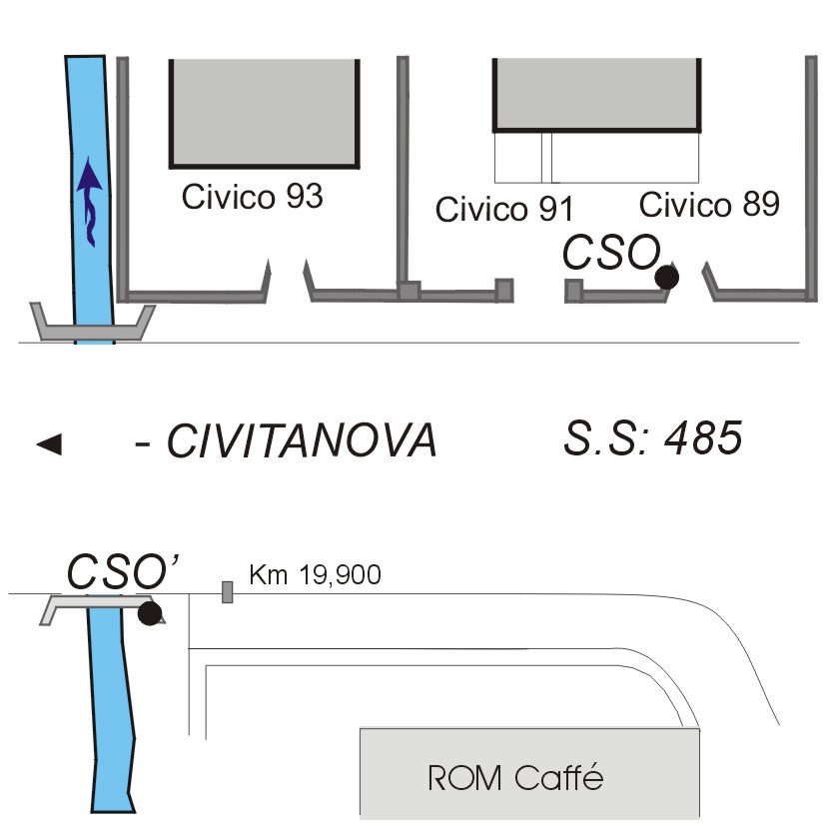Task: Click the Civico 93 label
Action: click(x=252, y=197)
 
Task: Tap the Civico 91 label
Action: click(x=504, y=209)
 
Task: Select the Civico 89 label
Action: click(x=709, y=204)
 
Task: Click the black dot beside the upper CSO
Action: click(x=667, y=277)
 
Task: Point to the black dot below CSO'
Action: click(x=150, y=613)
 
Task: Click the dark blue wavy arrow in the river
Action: click(x=89, y=201)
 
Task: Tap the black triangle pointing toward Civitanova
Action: click(x=49, y=444)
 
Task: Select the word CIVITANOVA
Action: click(x=302, y=440)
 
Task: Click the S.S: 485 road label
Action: click(x=652, y=437)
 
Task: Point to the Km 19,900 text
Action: click(x=315, y=574)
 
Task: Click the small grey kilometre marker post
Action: click(x=227, y=592)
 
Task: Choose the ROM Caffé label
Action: click(x=515, y=777)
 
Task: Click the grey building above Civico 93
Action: click(x=265, y=113)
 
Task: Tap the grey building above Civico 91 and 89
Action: click(x=597, y=94)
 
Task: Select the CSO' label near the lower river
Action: click(x=123, y=571)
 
